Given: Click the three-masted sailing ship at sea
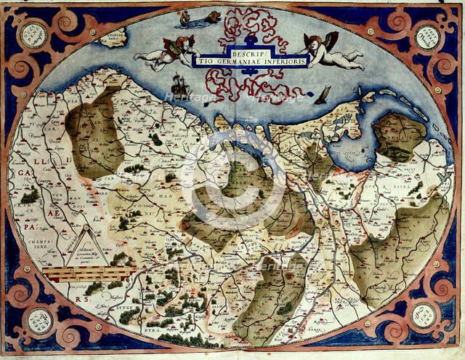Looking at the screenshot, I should (x=181, y=85).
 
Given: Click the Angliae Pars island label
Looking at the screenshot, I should (x=115, y=36).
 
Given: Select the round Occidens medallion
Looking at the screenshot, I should (x=33, y=36).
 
